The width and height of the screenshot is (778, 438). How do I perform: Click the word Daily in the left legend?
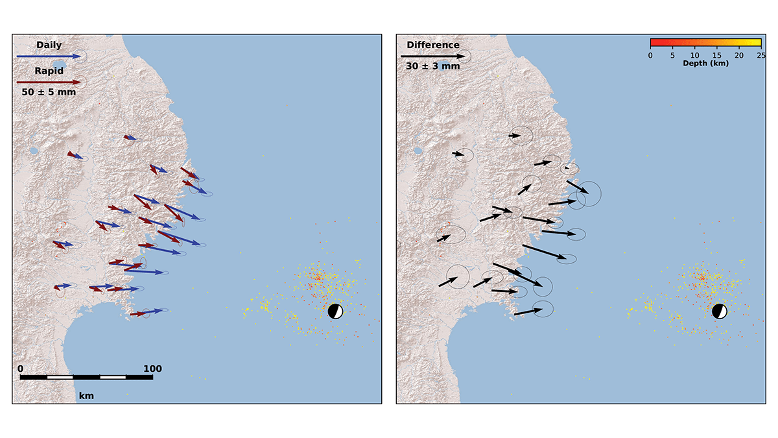pyautogui.click(x=49, y=45)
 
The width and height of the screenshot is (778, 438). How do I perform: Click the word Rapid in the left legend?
pyautogui.click(x=49, y=71)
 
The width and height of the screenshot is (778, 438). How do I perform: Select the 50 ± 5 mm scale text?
pyautogui.click(x=49, y=92)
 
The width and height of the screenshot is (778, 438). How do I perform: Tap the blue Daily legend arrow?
pyautogui.click(x=49, y=56)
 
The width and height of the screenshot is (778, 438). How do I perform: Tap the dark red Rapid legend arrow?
pyautogui.click(x=49, y=82)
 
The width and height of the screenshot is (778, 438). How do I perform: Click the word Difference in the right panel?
pyautogui.click(x=433, y=45)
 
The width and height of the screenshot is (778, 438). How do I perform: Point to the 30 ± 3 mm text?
pyautogui.click(x=433, y=66)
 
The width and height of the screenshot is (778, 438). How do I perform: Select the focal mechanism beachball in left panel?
pyautogui.click(x=335, y=311)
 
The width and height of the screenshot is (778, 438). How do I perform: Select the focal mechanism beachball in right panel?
pyautogui.click(x=719, y=311)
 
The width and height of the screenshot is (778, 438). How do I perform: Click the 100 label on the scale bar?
pyautogui.click(x=152, y=369)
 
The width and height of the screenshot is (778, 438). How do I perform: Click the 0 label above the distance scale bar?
pyautogui.click(x=21, y=369)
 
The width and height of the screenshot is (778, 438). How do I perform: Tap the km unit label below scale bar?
pyautogui.click(x=86, y=395)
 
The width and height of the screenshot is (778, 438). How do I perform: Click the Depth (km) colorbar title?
pyautogui.click(x=705, y=64)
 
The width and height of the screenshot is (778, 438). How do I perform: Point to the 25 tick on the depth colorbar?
pyautogui.click(x=760, y=56)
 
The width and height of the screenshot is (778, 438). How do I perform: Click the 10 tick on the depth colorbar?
pyautogui.click(x=695, y=56)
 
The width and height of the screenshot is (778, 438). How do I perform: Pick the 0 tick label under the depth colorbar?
pyautogui.click(x=650, y=56)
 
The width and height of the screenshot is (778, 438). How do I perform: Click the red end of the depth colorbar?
pyautogui.click(x=654, y=43)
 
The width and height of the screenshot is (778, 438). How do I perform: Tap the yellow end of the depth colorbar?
pyautogui.click(x=757, y=43)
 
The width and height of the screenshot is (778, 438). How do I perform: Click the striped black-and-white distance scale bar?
pyautogui.click(x=86, y=377)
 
